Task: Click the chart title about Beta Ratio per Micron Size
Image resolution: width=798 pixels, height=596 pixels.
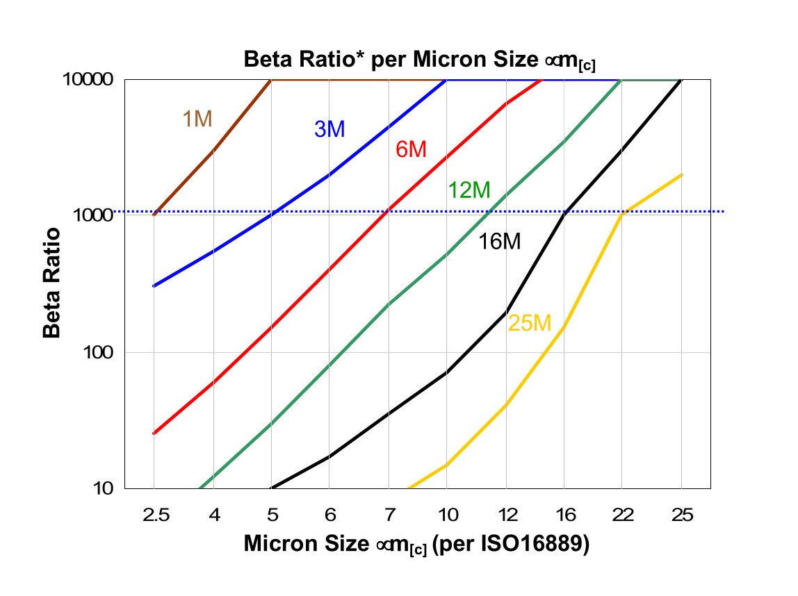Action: click(419, 60)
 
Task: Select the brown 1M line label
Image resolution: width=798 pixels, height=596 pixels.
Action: click(197, 119)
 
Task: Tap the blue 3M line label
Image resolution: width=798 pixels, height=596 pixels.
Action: click(329, 129)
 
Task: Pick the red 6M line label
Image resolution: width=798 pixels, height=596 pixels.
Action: click(410, 149)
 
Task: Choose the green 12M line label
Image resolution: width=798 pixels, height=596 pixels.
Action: click(469, 190)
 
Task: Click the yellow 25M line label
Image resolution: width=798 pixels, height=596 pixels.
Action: click(529, 323)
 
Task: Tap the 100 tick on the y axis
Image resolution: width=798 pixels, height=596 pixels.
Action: click(97, 352)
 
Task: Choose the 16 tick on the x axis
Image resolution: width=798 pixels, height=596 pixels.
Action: click(564, 515)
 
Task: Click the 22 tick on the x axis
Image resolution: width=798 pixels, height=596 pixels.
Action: click(623, 515)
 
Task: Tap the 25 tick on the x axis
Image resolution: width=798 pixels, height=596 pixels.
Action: click(681, 515)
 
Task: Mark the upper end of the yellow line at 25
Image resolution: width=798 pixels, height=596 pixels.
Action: click(681, 175)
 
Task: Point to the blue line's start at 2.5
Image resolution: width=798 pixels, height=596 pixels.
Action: click(154, 285)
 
